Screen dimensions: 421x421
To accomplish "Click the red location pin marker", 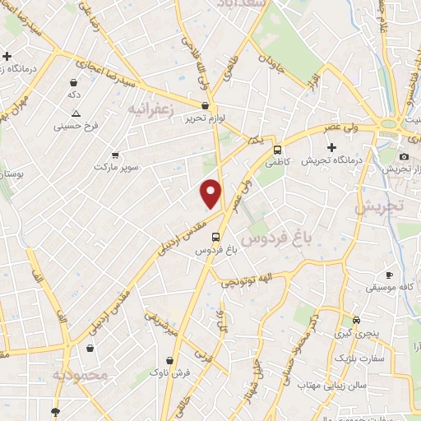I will [x=212, y=192].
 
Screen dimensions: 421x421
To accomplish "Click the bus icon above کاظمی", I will [x=278, y=150].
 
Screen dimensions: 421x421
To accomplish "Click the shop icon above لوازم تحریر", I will [x=205, y=105].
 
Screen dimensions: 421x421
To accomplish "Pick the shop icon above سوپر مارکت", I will [x=114, y=155].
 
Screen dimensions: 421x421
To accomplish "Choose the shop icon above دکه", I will [x=75, y=83].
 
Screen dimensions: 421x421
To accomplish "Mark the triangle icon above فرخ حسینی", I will [x=76, y=113].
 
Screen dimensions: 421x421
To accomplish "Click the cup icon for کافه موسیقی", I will [x=389, y=275].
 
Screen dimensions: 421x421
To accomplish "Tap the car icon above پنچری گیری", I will [x=356, y=320].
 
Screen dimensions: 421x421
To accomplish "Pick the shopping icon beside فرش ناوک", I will [x=169, y=359].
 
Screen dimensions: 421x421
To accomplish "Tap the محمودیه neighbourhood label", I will [x=80, y=375].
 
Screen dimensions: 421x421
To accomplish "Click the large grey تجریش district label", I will [x=381, y=207].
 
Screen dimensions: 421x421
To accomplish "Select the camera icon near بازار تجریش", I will [x=404, y=156].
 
